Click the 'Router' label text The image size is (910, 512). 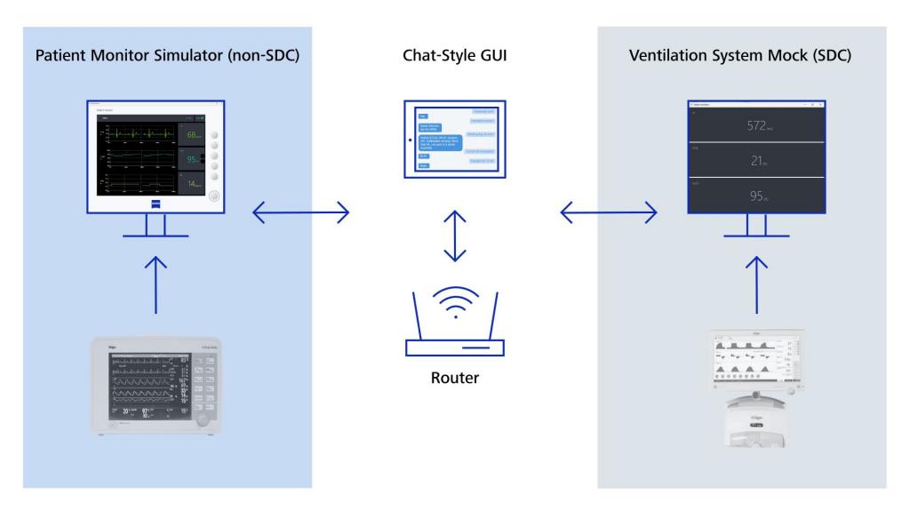coord(454,377)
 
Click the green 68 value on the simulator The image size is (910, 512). coord(195,135)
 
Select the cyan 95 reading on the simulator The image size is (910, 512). coord(195,161)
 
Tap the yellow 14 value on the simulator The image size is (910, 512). coord(195,185)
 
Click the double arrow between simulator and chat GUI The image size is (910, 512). coord(300,212)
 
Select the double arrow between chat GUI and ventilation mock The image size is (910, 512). coord(609,212)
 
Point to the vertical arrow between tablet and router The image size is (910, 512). coord(454,236)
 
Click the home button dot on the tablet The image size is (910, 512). coord(408,140)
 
